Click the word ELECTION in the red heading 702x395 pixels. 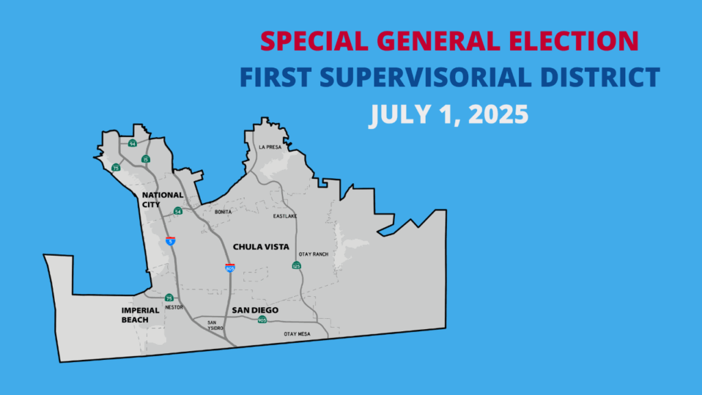point(574,40)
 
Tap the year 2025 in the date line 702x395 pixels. point(498,114)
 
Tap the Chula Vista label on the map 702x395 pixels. point(261,247)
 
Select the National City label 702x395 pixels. point(162,200)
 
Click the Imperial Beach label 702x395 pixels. point(140,315)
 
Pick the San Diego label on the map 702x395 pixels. point(255,310)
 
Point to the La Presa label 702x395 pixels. point(270,147)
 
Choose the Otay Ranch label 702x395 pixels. point(313,254)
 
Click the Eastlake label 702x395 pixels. point(285,216)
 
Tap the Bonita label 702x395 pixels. point(223,212)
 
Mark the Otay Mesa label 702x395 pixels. point(297,334)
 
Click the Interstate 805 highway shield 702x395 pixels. point(230,268)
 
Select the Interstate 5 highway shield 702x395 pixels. point(170,241)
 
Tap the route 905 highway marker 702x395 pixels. point(262,320)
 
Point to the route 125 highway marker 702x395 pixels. point(296,265)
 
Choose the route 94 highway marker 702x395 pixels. point(132,143)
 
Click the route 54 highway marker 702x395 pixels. point(178,211)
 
